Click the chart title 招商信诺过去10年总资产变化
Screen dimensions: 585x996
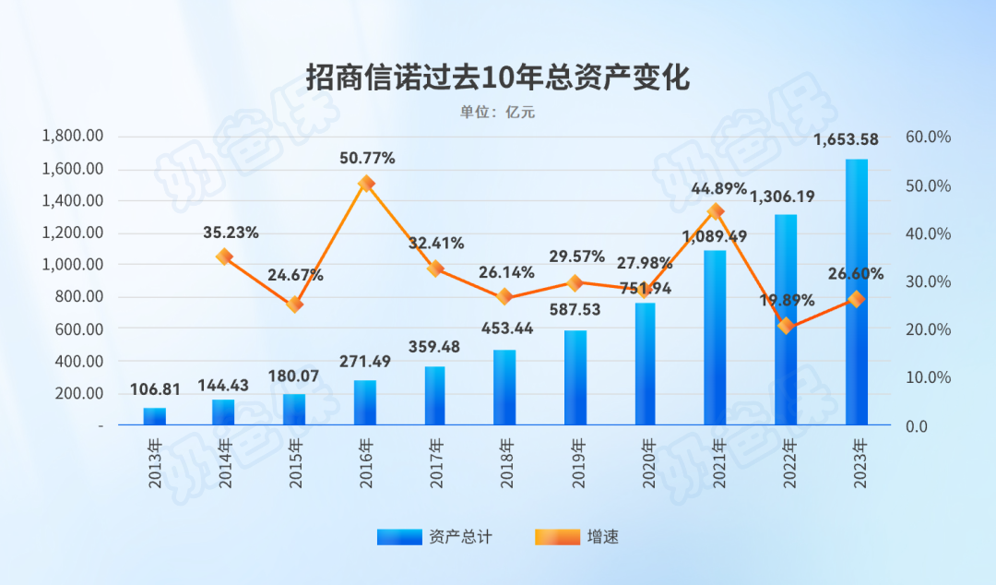point(497,78)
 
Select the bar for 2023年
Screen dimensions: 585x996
point(857,292)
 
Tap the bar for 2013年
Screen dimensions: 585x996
point(155,416)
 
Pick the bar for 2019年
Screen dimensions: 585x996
point(575,377)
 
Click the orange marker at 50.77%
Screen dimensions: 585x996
point(366,184)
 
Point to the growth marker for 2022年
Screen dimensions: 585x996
point(786,326)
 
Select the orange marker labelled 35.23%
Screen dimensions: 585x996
point(224,257)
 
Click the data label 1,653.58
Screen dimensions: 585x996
point(844,140)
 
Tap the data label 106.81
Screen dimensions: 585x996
point(154,389)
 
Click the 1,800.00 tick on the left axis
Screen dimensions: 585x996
point(73,137)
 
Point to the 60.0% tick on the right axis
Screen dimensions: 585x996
point(928,137)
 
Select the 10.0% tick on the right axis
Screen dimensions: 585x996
point(928,378)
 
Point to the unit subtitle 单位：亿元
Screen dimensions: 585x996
point(497,113)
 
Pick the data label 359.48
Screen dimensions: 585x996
point(434,348)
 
